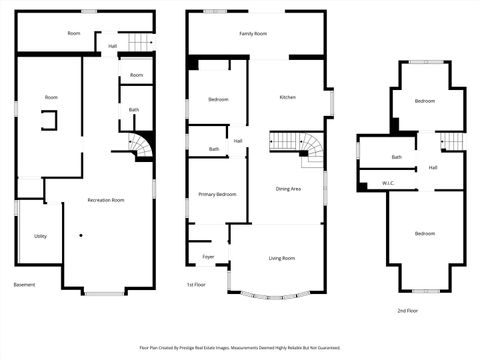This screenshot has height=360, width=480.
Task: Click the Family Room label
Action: pos(253,34)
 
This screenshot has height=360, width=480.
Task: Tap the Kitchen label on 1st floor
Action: pos(287,97)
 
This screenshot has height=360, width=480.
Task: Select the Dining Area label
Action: pos(290,188)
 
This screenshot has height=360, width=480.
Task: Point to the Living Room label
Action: pos(281,258)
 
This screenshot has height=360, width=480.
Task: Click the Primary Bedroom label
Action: pos(217,194)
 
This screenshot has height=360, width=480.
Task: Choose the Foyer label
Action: pos(208,257)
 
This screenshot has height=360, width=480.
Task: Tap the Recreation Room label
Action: pos(105,200)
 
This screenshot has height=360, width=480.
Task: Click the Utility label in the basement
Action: pos(40,236)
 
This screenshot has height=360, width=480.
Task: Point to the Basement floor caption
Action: pos(24,285)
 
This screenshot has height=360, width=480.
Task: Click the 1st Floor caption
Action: pos(197,285)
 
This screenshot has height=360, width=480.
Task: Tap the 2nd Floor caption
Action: pos(407,311)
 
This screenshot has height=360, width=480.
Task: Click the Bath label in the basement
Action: pos(133,110)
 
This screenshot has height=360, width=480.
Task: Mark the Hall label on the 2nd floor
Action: pos(432,167)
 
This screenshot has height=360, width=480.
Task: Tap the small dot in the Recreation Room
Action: pos(82,236)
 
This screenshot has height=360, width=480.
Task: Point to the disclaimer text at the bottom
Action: pos(240,348)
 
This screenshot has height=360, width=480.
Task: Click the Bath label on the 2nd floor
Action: pos(397,157)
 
